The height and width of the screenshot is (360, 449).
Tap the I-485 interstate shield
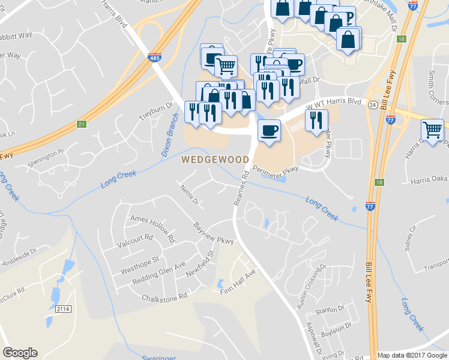click(154, 58)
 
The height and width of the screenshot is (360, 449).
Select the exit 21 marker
click(81, 125)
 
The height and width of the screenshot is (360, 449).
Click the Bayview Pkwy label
click(213, 233)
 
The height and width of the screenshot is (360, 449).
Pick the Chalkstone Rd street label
click(164, 296)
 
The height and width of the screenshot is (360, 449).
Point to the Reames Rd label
click(241, 188)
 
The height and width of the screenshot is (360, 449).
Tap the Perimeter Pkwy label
click(276, 169)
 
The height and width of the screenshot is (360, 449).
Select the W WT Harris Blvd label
click(334, 104)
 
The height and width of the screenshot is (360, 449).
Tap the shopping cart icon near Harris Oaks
click(432, 129)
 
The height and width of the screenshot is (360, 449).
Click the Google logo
click(20, 353)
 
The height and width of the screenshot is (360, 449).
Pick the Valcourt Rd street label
click(136, 245)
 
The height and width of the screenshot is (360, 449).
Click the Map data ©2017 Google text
click(412, 355)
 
